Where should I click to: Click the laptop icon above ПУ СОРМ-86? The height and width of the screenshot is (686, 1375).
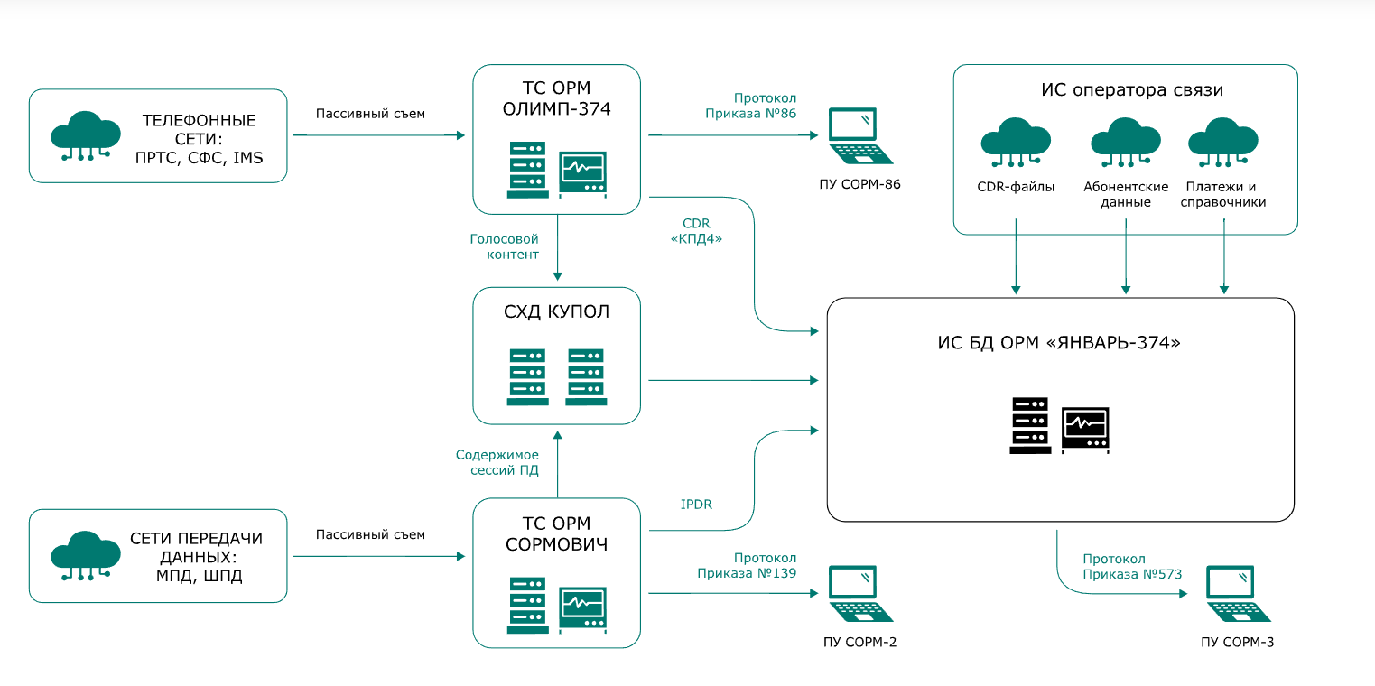(x=860, y=136)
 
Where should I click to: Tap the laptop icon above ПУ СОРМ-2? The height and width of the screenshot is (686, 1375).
(x=860, y=593)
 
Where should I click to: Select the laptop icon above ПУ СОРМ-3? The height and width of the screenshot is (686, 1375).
(x=1239, y=593)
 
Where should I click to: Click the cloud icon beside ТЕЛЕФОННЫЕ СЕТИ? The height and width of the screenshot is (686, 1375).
(x=86, y=135)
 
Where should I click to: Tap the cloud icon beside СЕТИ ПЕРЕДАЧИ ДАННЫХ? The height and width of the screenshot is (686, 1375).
(x=86, y=556)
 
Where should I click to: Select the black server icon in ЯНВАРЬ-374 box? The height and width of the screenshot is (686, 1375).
(x=1030, y=425)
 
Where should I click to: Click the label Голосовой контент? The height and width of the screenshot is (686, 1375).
(x=504, y=246)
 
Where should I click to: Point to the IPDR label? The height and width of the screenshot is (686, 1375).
(x=696, y=505)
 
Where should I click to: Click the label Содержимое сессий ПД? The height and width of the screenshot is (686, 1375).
(x=497, y=462)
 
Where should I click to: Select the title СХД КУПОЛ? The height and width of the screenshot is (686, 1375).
(x=556, y=312)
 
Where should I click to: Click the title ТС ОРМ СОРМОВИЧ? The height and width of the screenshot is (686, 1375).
(x=556, y=534)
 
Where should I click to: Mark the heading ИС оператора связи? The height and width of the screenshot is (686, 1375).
(x=1131, y=90)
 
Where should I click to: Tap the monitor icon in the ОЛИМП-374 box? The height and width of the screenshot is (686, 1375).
(x=582, y=171)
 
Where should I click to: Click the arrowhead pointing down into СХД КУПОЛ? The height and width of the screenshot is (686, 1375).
(x=557, y=275)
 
